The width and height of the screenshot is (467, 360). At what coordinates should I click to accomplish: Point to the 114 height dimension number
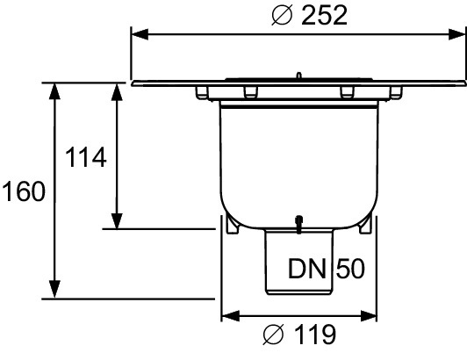pyautogui.click(x=86, y=158)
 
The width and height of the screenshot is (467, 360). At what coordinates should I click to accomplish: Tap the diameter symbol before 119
pyautogui.click(x=273, y=335)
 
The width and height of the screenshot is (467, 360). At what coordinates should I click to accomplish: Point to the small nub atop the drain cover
pyautogui.click(x=299, y=76)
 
